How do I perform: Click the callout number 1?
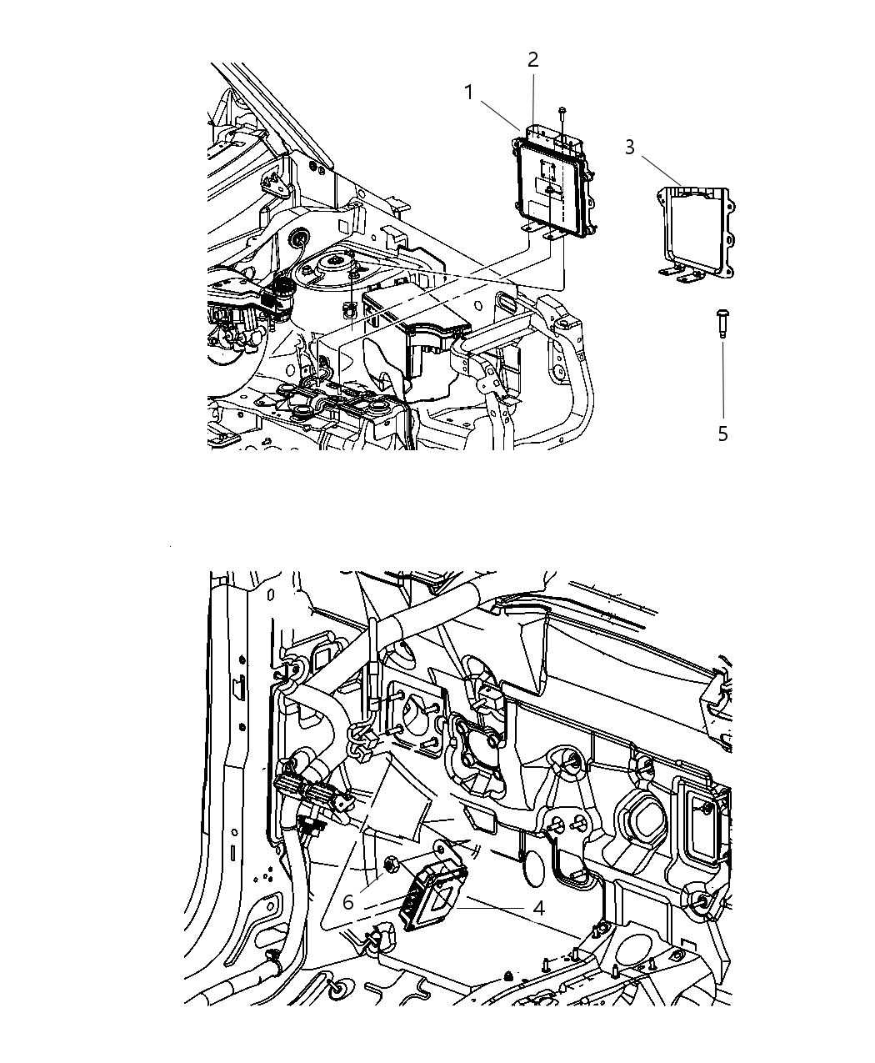point(469,93)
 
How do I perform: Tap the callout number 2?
point(532,60)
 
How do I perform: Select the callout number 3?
point(630,148)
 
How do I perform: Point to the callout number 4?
point(538,908)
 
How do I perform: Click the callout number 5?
point(722,434)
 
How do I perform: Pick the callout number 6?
point(348,902)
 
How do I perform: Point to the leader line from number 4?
point(497,906)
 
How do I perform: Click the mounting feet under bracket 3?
point(684,273)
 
